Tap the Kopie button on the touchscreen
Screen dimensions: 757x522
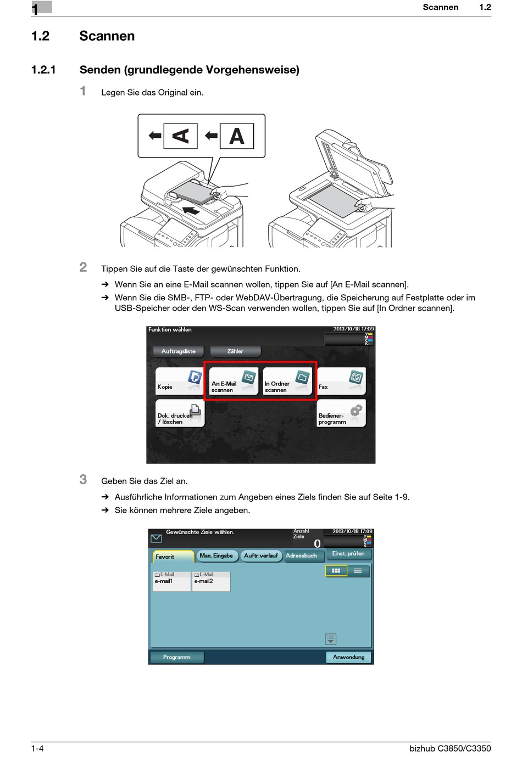179,381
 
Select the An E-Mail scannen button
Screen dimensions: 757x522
233,381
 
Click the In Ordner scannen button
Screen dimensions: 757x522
287,381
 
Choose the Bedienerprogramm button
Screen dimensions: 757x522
341,413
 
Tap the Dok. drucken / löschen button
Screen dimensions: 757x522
179,413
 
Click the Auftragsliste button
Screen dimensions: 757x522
179,351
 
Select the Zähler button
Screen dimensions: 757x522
235,351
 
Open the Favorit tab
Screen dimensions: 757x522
173,557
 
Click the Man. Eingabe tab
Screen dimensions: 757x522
216,556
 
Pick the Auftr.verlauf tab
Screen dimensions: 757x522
261,556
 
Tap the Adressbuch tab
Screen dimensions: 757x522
302,556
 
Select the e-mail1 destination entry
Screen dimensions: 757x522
171,581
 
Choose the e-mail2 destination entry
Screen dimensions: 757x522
210,581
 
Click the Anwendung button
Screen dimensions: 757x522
348,657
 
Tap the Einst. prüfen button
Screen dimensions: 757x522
348,554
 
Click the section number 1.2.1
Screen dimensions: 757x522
43,70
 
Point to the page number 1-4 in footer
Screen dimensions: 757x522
37,748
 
